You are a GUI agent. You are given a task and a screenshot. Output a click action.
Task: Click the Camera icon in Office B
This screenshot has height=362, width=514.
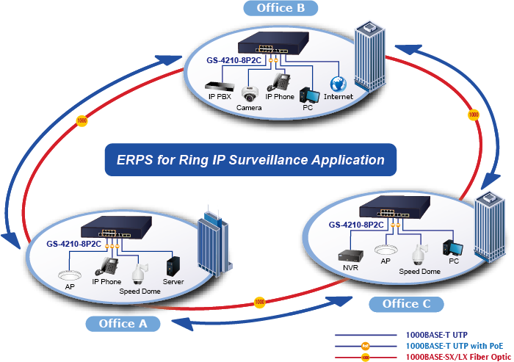pos(250,94)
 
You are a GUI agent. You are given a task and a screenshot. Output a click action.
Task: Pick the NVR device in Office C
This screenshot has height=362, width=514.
pos(346,256)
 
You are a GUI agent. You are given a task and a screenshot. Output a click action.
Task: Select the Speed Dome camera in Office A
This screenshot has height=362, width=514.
pos(136,273)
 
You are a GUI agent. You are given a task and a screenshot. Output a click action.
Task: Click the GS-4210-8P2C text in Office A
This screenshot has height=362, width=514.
pos(73,243)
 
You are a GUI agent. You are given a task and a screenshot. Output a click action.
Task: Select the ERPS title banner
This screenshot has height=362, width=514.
pos(250,159)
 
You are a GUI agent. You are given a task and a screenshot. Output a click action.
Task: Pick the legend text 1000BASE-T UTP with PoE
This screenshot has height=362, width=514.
pos(454,345)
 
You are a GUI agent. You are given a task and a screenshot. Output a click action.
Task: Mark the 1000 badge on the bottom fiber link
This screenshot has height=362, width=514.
pos(258,301)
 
